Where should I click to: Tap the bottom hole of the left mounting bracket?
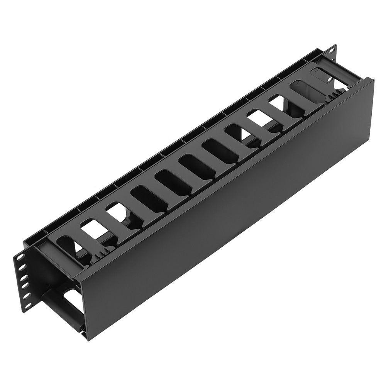click(x=28, y=306)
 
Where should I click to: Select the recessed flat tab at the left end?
click(x=71, y=262)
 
